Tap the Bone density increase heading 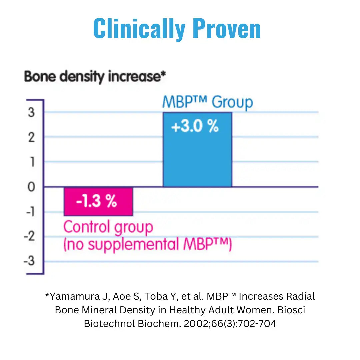click(x=95, y=77)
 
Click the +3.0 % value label click(x=195, y=127)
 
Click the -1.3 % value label click(x=96, y=201)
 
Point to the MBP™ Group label click(x=207, y=102)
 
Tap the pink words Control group click(x=108, y=227)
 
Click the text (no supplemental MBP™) click(x=147, y=244)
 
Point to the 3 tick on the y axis click(x=31, y=113)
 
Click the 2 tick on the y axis click(x=31, y=137)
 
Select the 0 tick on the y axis click(x=31, y=187)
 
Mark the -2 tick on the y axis click(x=29, y=236)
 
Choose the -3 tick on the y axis click(x=29, y=261)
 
